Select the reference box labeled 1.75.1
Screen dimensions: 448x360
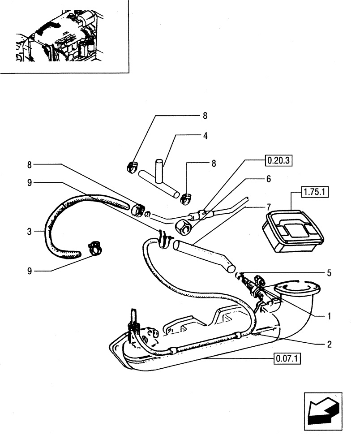coord(316,193)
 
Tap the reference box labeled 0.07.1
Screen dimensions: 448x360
coord(287,358)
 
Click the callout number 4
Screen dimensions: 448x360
coord(206,135)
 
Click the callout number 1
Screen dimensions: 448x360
coord(329,316)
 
